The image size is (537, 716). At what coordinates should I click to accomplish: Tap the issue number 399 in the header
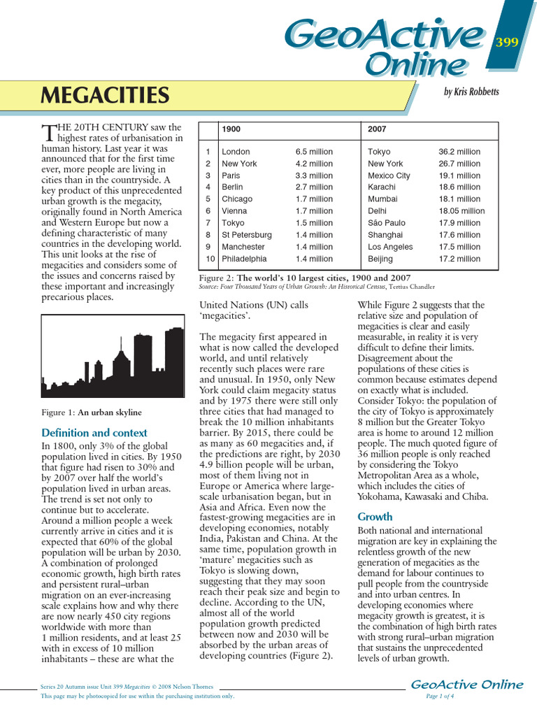(507, 43)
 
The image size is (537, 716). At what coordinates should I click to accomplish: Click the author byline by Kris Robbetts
(471, 92)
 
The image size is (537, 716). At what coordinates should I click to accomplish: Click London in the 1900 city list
(236, 152)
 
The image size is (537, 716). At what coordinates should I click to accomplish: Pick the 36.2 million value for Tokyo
(459, 152)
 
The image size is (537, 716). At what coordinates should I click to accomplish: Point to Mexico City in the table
(389, 176)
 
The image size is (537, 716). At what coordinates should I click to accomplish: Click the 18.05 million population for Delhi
(461, 211)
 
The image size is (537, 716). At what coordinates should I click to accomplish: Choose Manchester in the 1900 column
(243, 247)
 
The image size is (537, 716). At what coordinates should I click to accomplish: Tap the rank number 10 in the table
(208, 259)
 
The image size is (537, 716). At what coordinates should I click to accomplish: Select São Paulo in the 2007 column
(385, 223)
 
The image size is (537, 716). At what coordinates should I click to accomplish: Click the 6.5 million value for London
(314, 152)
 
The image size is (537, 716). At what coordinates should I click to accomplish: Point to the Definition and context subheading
(94, 433)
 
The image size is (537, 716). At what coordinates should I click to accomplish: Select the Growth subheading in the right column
(375, 517)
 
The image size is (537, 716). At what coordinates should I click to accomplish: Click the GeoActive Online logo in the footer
(466, 685)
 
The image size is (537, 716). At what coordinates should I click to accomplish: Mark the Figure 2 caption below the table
(305, 278)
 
